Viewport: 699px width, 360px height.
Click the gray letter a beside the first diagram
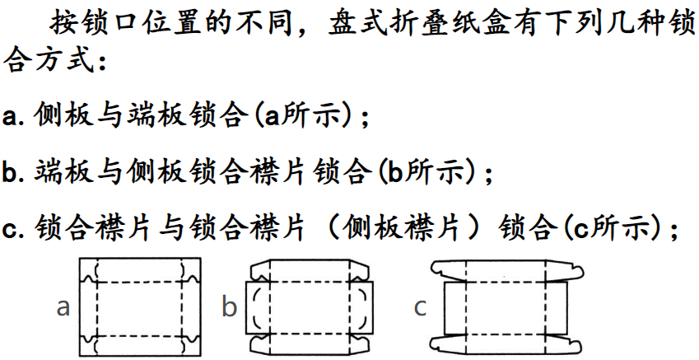coord(63,308)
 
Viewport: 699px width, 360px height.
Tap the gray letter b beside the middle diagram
coord(229,308)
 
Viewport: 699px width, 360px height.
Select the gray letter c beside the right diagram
coord(421,308)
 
